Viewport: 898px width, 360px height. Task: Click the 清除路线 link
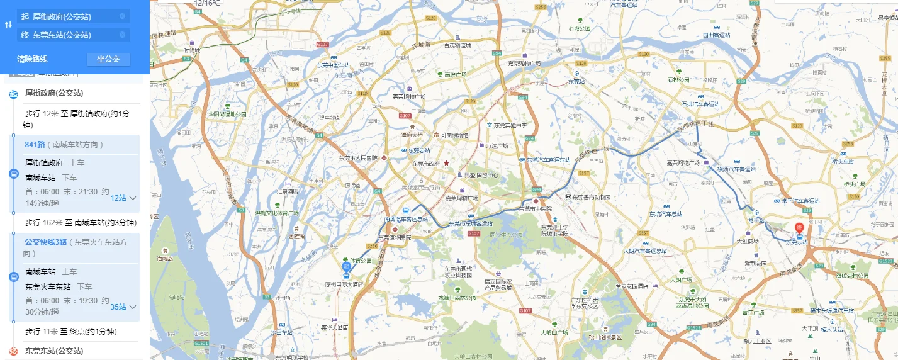32,59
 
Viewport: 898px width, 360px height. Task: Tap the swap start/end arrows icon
8,25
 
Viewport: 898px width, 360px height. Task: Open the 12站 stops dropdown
123,198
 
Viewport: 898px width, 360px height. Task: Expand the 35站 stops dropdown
123,307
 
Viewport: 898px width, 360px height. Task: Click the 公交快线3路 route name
45,242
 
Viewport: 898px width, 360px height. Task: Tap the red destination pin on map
799,228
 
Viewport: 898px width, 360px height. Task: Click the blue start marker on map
346,267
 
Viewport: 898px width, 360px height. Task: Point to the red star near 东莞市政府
446,163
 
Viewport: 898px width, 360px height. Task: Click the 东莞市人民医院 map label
358,158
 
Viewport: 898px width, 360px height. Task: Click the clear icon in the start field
122,16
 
